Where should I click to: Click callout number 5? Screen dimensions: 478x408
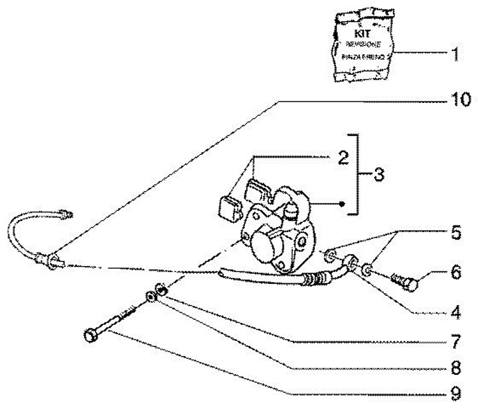(x=453, y=234)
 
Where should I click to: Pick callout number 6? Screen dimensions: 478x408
(x=454, y=272)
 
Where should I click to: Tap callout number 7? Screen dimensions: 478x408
(x=454, y=343)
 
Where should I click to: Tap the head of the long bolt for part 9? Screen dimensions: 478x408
(x=91, y=336)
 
